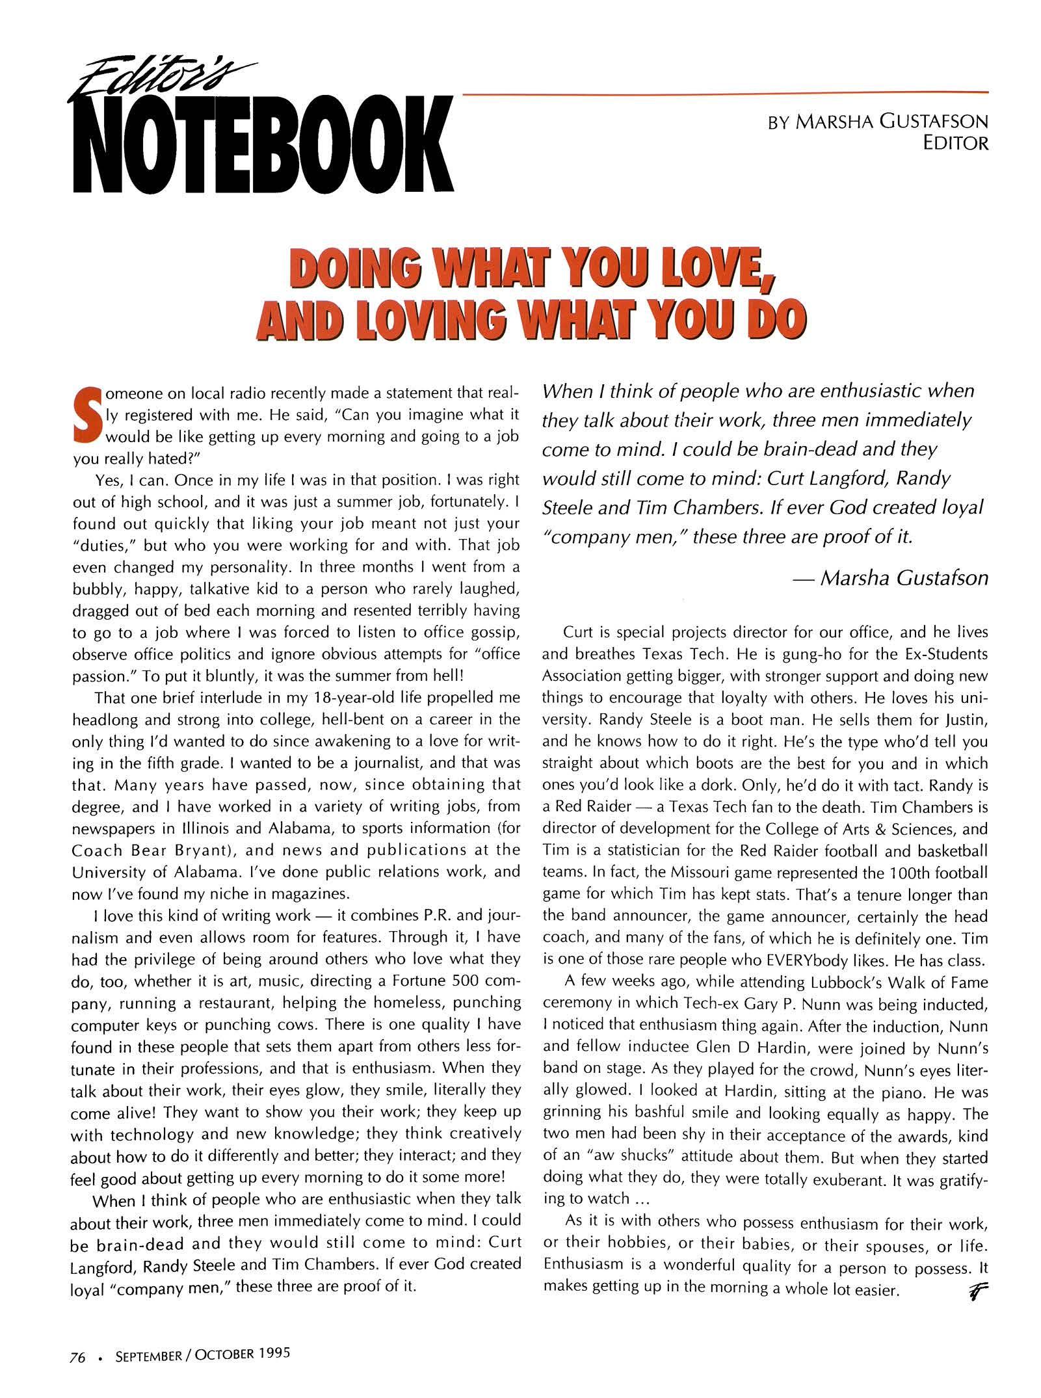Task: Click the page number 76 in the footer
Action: point(78,1354)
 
